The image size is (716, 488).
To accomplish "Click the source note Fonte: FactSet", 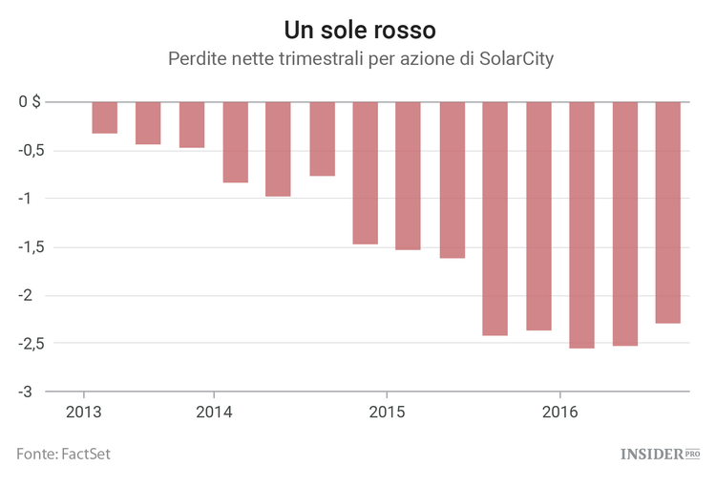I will click(x=63, y=454).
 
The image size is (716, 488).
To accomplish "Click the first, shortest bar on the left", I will click(x=105, y=117).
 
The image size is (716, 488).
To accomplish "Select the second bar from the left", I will click(x=148, y=123).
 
